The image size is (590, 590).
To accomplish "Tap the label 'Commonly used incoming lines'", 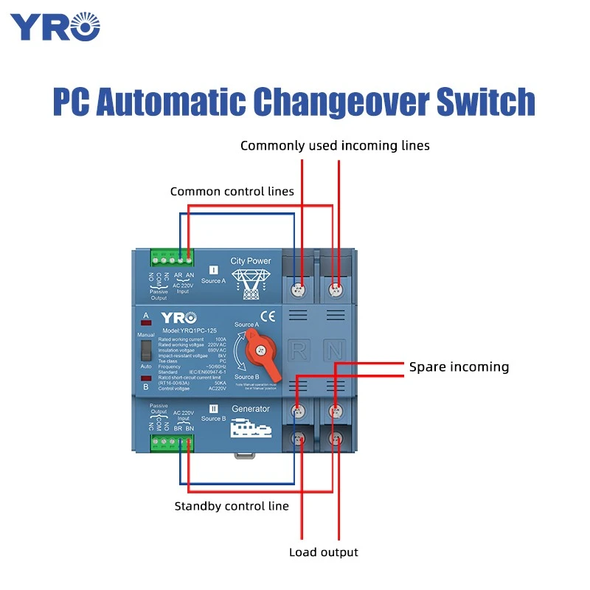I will pyautogui.click(x=335, y=146).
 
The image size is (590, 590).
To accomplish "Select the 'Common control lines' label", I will pyautogui.click(x=232, y=192).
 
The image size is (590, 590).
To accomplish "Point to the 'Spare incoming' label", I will pyautogui.click(x=459, y=367).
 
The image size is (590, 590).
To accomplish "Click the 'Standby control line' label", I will pyautogui.click(x=232, y=506).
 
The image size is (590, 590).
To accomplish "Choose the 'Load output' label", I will pyautogui.click(x=323, y=552).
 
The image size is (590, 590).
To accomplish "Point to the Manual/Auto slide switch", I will pyautogui.click(x=146, y=350).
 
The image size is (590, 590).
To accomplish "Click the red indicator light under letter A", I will pyautogui.click(x=146, y=322).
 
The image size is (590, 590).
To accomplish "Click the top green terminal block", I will pyautogui.click(x=171, y=258).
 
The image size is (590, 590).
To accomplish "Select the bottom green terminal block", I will pyautogui.click(x=171, y=442).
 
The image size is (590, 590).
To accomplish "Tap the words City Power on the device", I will pyautogui.click(x=251, y=261).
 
